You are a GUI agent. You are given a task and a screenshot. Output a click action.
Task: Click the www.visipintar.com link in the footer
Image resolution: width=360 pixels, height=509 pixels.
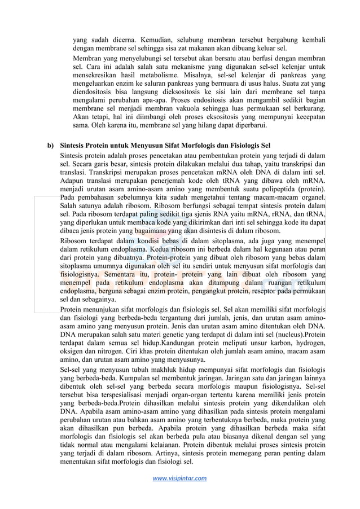[179, 479]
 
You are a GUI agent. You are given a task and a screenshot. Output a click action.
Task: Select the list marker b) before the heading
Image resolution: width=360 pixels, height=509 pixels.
[50, 146]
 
